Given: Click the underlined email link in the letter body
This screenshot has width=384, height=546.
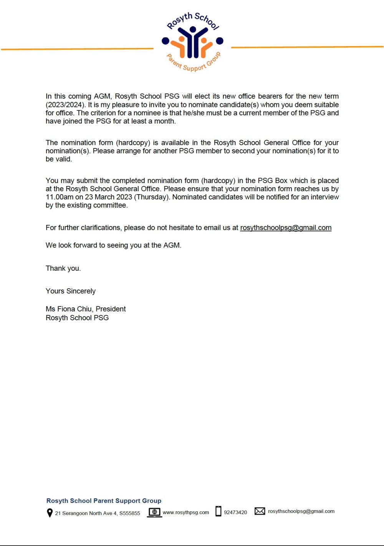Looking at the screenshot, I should point(286,228).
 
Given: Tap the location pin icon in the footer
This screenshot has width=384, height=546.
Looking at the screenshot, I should point(50,513).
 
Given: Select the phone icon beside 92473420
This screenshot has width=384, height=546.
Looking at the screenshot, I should point(218,511).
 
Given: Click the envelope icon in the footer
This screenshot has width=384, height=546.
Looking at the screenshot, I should point(260,511).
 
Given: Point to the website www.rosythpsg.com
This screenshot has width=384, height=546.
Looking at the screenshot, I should point(186,512).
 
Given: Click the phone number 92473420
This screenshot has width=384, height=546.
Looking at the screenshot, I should point(235,512).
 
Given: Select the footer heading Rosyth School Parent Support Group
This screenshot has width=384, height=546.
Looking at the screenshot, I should point(104,501).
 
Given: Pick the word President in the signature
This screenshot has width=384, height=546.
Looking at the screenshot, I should point(111,309).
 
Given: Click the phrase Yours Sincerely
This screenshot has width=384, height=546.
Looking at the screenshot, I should point(71,291).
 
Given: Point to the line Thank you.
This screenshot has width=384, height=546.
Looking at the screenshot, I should point(63,268).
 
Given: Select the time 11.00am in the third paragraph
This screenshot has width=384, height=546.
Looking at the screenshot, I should point(60,197).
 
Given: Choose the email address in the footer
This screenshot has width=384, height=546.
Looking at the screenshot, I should point(301,511).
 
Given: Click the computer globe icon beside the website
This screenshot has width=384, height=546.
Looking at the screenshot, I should point(154,512).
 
